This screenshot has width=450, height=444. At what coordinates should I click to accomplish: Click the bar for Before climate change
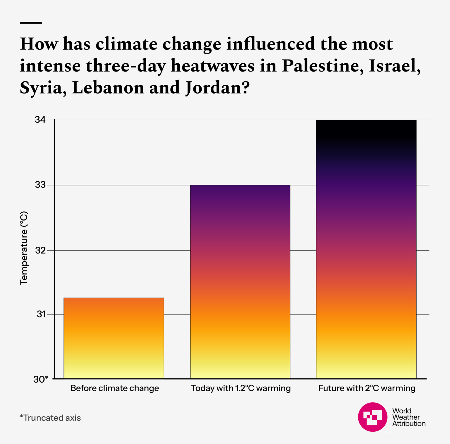tap(114, 338)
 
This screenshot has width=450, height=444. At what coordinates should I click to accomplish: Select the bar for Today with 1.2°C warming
tap(240, 282)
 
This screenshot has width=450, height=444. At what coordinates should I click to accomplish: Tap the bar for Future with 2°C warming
tap(366, 249)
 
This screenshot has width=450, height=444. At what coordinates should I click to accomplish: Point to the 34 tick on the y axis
tap(40, 120)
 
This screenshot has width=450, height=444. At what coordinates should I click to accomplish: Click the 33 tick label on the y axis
tap(40, 185)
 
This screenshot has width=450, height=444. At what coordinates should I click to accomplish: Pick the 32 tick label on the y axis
tap(40, 250)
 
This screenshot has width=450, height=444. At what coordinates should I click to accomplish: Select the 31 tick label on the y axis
tap(41, 314)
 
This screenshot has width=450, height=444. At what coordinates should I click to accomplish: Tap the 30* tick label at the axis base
tap(41, 379)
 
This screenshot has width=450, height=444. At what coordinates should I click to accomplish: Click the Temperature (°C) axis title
tap(24, 248)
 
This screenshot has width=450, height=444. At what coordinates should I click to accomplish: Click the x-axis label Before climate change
tap(115, 388)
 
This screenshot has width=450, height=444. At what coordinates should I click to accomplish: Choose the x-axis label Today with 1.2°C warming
tap(241, 388)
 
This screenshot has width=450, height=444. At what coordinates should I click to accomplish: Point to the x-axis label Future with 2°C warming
tap(367, 388)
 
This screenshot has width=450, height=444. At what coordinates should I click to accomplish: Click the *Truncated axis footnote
tap(50, 418)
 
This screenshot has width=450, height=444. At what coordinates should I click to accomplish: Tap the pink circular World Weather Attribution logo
tap(373, 417)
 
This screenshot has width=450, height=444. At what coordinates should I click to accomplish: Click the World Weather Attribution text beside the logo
tap(408, 417)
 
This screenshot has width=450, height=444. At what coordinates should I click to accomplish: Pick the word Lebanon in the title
tap(108, 88)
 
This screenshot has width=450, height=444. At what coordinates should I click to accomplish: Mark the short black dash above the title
tap(31, 23)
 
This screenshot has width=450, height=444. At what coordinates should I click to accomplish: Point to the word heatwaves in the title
tap(212, 66)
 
